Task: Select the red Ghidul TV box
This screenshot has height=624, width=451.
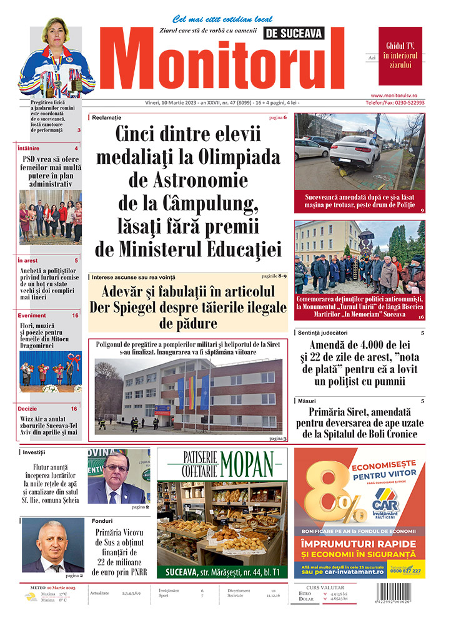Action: click(x=400, y=56)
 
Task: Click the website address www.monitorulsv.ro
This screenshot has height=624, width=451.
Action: click(x=402, y=94)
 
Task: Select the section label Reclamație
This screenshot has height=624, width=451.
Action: click(x=106, y=117)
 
